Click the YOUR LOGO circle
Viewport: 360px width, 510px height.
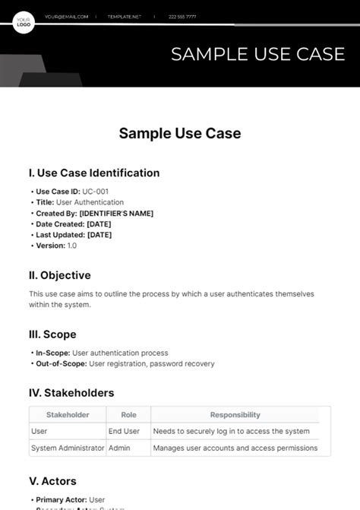(24, 22)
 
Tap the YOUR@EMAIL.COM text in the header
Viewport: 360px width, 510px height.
(66, 16)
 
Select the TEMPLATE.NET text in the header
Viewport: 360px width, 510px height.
(125, 16)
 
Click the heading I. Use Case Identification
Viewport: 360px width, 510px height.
(94, 173)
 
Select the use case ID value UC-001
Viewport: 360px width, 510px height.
(95, 192)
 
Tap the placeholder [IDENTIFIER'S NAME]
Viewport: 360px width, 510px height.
(116, 214)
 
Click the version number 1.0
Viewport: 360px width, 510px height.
(72, 245)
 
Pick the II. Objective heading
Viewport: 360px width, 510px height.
(60, 275)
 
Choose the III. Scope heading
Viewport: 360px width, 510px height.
(52, 334)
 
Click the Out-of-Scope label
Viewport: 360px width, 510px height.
(61, 364)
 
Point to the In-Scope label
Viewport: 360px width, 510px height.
(52, 353)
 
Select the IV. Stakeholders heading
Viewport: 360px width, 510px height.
(71, 393)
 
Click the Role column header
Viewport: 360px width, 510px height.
(128, 415)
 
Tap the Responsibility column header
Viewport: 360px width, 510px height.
(235, 415)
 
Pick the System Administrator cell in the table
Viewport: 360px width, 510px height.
(67, 448)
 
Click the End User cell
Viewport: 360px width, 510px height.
(123, 431)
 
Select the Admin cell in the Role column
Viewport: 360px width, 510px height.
(118, 448)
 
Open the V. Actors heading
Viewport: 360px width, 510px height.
(52, 481)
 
